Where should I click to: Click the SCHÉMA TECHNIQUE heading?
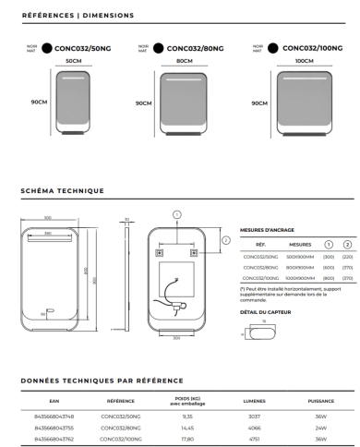pyautogui.click(x=62, y=191)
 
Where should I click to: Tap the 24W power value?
pyautogui.click(x=322, y=428)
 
